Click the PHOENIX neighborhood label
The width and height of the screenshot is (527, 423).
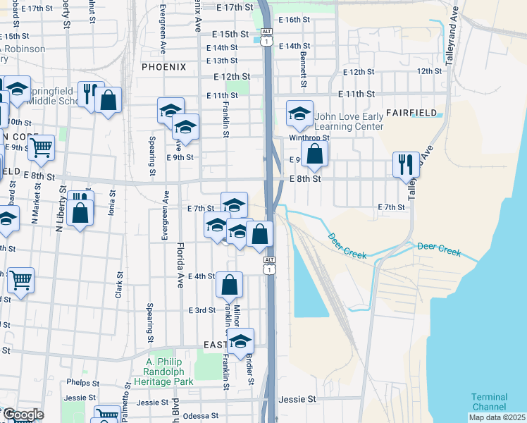click(163, 67)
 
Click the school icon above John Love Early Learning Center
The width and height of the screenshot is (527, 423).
click(299, 114)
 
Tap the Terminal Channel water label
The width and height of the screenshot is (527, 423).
click(489, 402)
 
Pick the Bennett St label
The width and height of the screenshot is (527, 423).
click(304, 65)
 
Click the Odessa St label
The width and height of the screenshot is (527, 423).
click(200, 416)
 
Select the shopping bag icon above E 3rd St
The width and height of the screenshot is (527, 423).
click(230, 284)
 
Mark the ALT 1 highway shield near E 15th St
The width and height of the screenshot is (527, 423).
click(266, 38)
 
